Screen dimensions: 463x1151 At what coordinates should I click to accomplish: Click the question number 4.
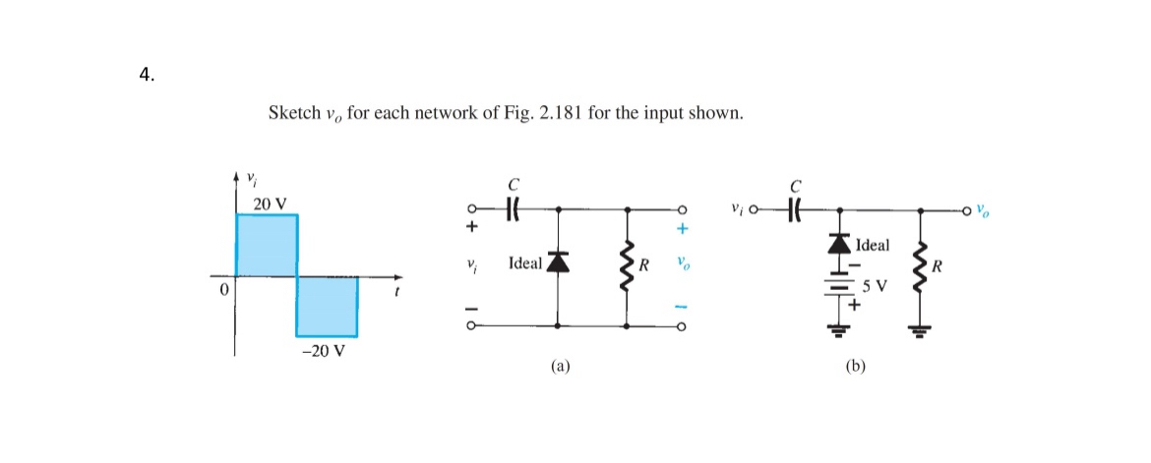[x=146, y=77]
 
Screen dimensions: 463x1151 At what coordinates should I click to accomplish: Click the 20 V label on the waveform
[x=270, y=203]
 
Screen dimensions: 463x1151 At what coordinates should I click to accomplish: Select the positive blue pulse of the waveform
[x=267, y=245]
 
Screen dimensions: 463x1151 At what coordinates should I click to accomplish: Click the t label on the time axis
[x=396, y=291]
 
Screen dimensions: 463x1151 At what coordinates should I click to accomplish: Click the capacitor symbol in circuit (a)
[x=513, y=209]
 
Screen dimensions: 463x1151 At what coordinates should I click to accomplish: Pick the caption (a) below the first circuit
[x=560, y=367]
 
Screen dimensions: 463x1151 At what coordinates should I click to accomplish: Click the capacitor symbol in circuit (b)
[x=795, y=209]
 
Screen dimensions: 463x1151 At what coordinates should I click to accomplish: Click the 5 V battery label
[x=874, y=288]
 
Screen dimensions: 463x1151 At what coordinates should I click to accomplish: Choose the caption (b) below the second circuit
[x=855, y=367]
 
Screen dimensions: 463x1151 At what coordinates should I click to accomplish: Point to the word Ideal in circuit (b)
[x=873, y=245]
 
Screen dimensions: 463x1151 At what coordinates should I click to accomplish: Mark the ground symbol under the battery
[x=839, y=330]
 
